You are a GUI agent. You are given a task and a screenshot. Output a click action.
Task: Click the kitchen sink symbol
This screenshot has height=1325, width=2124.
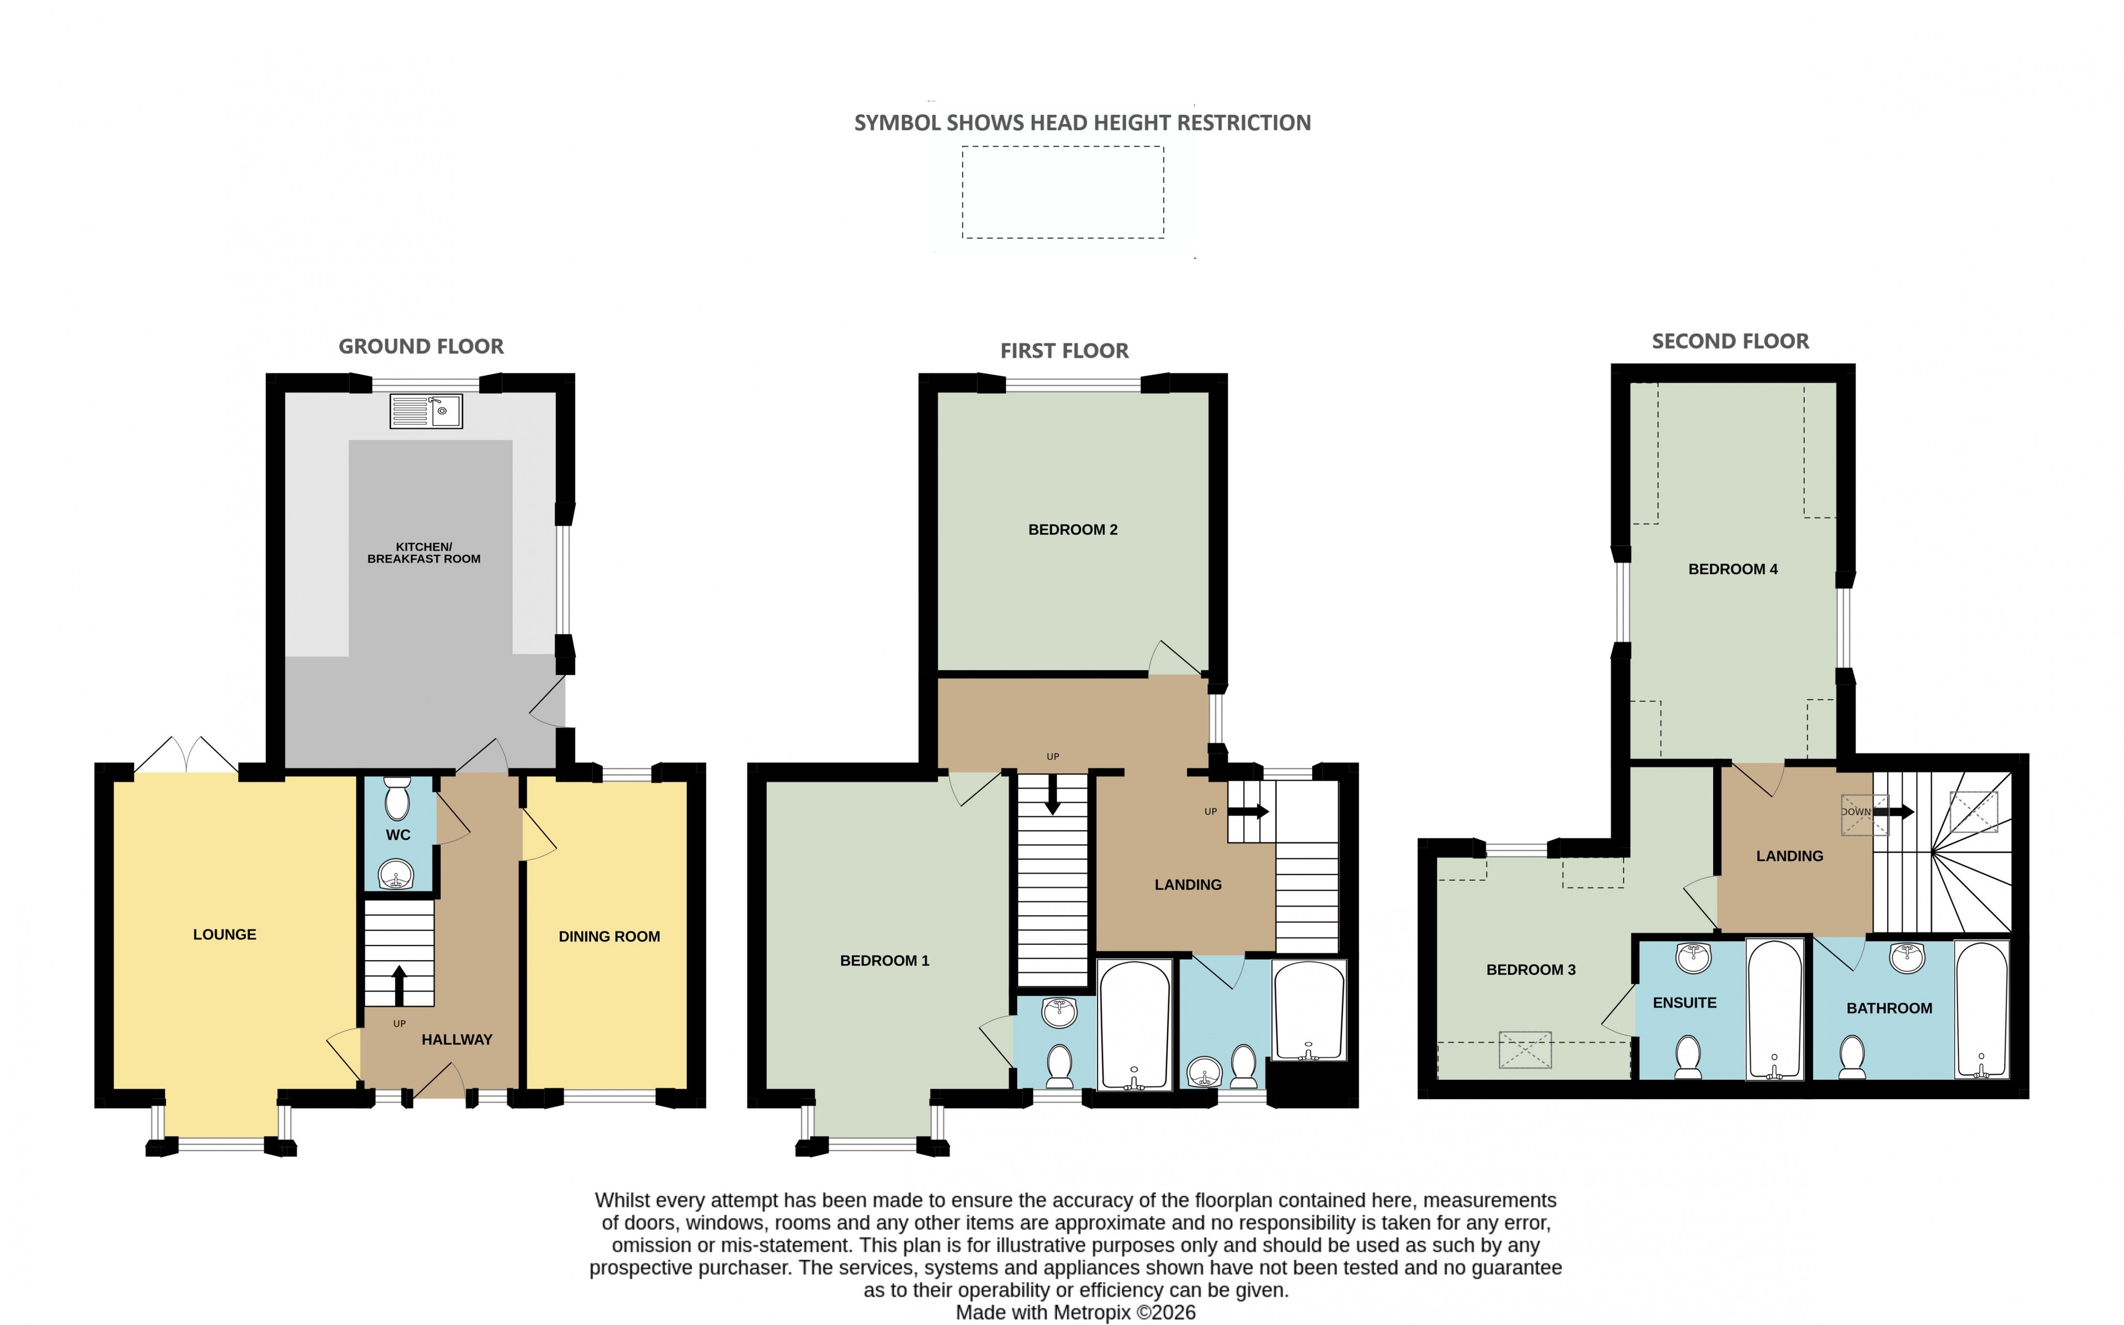[426, 411]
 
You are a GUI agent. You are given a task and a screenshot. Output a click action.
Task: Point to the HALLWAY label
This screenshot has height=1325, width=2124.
[456, 1039]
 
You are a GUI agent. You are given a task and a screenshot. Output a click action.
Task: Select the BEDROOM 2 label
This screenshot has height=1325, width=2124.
[1072, 530]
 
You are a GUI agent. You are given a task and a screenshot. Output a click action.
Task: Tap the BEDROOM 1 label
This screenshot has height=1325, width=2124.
[884, 961]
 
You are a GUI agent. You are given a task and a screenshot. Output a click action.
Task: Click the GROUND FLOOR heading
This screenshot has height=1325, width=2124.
[421, 347]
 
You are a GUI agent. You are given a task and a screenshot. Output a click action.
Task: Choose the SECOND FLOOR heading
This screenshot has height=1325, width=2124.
[1731, 342]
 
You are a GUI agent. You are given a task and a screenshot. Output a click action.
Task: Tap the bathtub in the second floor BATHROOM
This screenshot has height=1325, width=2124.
[1981, 1010]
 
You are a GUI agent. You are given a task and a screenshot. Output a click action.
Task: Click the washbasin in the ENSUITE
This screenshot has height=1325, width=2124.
[1694, 958]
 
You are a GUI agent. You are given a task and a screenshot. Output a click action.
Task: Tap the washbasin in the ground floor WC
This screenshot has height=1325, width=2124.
[397, 874]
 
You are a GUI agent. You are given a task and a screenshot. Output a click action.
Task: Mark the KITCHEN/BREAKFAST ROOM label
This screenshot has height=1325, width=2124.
[424, 553]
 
